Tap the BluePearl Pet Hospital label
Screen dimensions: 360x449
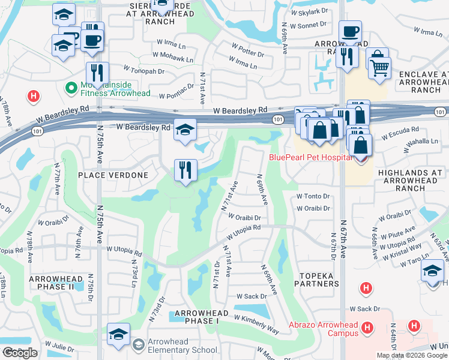click(309, 157)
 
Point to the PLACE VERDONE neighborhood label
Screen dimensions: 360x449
click(113, 175)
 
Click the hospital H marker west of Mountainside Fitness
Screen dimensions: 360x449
click(35, 95)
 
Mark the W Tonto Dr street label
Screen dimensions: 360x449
click(313, 196)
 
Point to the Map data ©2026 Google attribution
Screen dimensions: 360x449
click(412, 355)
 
